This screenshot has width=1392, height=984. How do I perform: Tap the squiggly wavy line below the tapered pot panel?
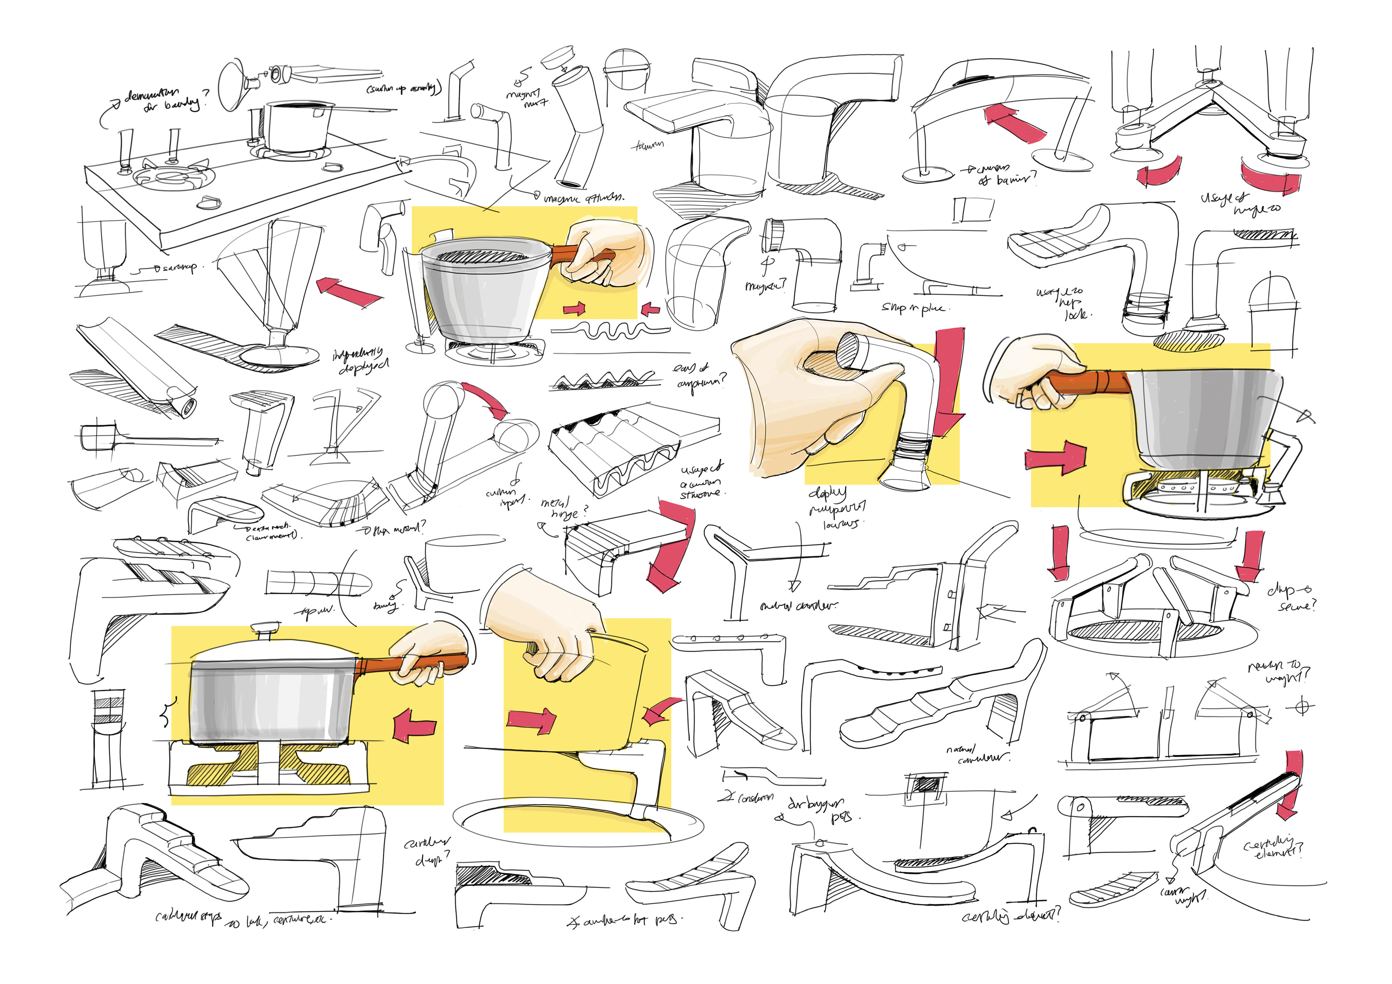(x=609, y=331)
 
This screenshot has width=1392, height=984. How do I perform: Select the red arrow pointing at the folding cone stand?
(x=349, y=291)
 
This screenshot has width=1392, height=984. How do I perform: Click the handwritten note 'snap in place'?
(x=912, y=308)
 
